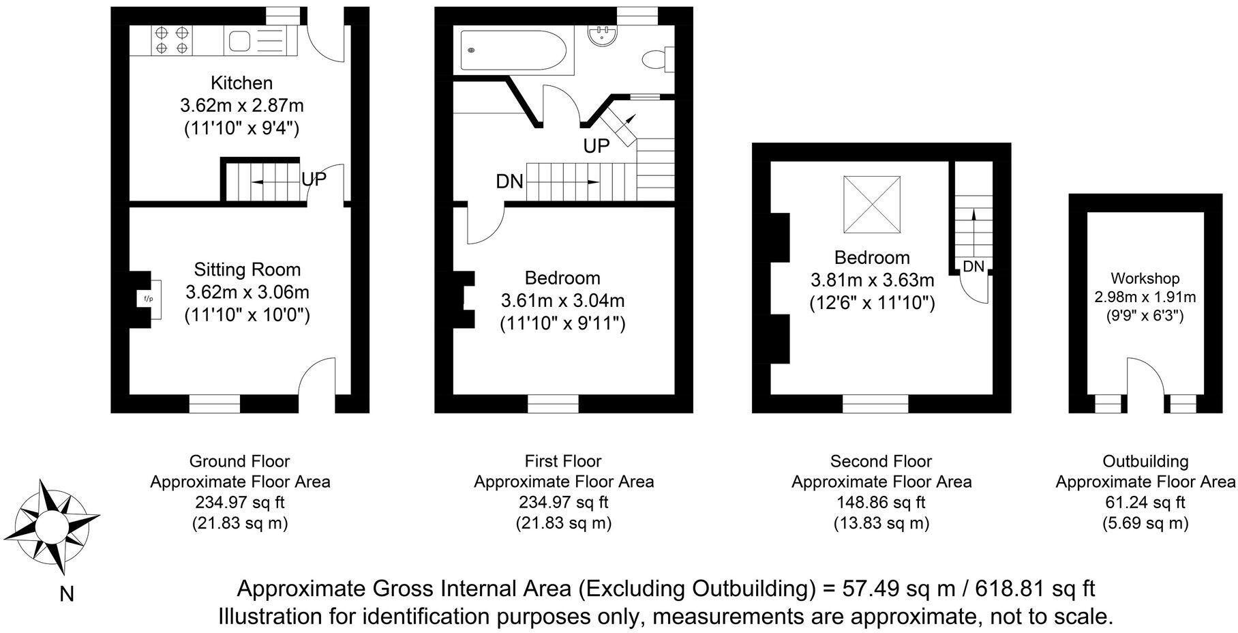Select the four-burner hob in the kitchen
click(x=172, y=40)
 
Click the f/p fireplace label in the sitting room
click(x=148, y=299)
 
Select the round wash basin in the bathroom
click(x=604, y=35)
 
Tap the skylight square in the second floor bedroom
click(x=872, y=205)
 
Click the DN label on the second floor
click(x=974, y=267)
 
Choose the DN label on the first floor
click(x=509, y=181)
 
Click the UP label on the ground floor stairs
click(x=314, y=179)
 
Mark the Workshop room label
click(x=1145, y=278)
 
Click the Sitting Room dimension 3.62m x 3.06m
click(x=247, y=293)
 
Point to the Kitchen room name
click(x=241, y=83)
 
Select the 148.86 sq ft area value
click(x=881, y=503)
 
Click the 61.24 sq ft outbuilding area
click(x=1145, y=503)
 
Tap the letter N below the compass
click(x=67, y=595)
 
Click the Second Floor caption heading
click(x=881, y=461)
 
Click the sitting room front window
click(x=215, y=404)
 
